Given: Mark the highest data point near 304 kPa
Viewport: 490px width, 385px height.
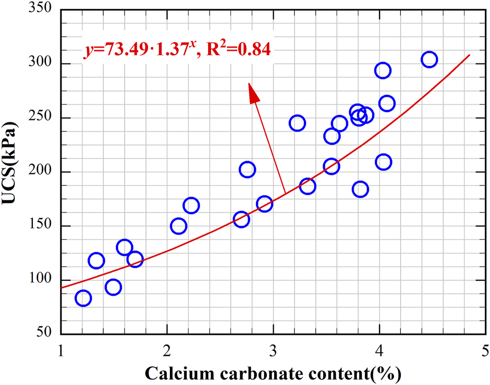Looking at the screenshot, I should [429, 59].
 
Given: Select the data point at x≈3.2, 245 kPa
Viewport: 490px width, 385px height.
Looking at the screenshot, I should [297, 123].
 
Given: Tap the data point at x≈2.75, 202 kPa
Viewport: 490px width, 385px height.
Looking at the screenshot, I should [247, 170].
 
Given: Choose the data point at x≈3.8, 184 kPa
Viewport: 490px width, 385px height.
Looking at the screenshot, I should [360, 189].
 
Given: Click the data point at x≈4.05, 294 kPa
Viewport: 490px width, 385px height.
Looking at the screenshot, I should [383, 71].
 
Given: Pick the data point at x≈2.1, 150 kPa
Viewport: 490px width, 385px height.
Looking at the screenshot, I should [178, 226].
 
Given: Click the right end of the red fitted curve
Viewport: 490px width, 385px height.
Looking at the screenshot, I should [470, 55].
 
